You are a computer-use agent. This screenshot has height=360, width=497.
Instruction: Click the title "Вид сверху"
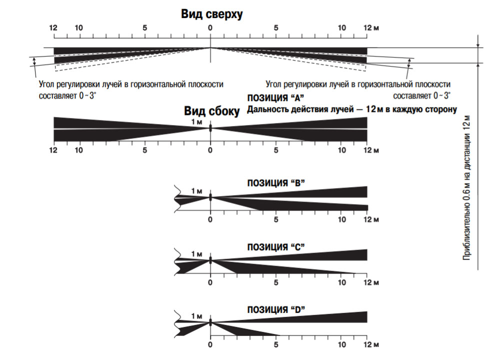(x=212, y=14)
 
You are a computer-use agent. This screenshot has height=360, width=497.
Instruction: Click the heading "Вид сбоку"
(x=212, y=111)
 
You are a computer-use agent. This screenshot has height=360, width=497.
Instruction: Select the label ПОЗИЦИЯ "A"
(x=275, y=98)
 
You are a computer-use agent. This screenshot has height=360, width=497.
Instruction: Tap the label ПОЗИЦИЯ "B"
(x=276, y=183)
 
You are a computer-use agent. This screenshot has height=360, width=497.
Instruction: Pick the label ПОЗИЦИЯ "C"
(x=276, y=246)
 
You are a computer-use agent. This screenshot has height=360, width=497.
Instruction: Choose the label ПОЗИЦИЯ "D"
(x=276, y=309)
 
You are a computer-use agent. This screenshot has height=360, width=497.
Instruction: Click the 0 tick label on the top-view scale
(x=210, y=28)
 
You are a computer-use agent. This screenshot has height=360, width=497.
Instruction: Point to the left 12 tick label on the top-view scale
(x=53, y=28)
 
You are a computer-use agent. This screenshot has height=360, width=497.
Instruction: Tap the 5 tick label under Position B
(x=276, y=219)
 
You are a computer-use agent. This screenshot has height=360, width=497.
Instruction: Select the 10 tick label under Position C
(x=342, y=282)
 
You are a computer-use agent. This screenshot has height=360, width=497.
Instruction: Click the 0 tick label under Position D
(x=210, y=345)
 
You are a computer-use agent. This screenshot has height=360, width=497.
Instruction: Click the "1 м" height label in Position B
(x=196, y=190)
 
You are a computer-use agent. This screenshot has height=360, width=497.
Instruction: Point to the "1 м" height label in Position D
(x=196, y=317)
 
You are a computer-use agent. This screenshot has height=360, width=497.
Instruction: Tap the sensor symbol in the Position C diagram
(x=210, y=260)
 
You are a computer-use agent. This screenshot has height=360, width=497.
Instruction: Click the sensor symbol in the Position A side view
(x=210, y=128)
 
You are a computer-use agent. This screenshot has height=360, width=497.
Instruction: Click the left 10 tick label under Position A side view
(x=78, y=150)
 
